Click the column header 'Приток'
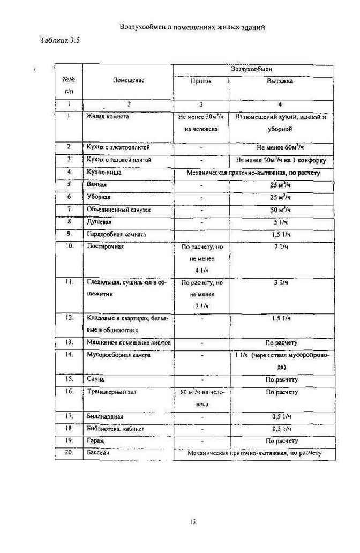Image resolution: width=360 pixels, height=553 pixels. pos(201,82)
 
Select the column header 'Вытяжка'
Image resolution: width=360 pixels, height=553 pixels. pos(280,82)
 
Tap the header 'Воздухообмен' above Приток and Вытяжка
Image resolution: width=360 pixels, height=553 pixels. pos(252,69)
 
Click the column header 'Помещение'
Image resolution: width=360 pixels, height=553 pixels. pos(129,80)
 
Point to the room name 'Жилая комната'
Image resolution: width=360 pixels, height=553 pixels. pos(108,116)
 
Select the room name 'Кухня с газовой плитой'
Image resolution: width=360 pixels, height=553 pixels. pos(119,160)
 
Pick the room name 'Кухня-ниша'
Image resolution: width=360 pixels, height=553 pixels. pos(104,173)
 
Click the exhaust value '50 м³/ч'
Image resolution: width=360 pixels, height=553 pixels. pos(280,210)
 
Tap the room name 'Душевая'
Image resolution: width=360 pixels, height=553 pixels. pos(99,221)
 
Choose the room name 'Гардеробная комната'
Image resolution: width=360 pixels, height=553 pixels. pos(116,234)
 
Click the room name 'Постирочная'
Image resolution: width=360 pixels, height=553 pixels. pos(106,247)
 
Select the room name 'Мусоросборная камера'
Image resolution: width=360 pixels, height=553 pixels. pos(118,355)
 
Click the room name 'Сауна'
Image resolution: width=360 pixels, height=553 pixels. pos(95,379)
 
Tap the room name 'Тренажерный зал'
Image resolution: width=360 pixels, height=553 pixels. pos(111,392)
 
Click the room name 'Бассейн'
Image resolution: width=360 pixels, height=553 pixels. pos(98,453)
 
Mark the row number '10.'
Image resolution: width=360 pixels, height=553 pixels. pos(70,247)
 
